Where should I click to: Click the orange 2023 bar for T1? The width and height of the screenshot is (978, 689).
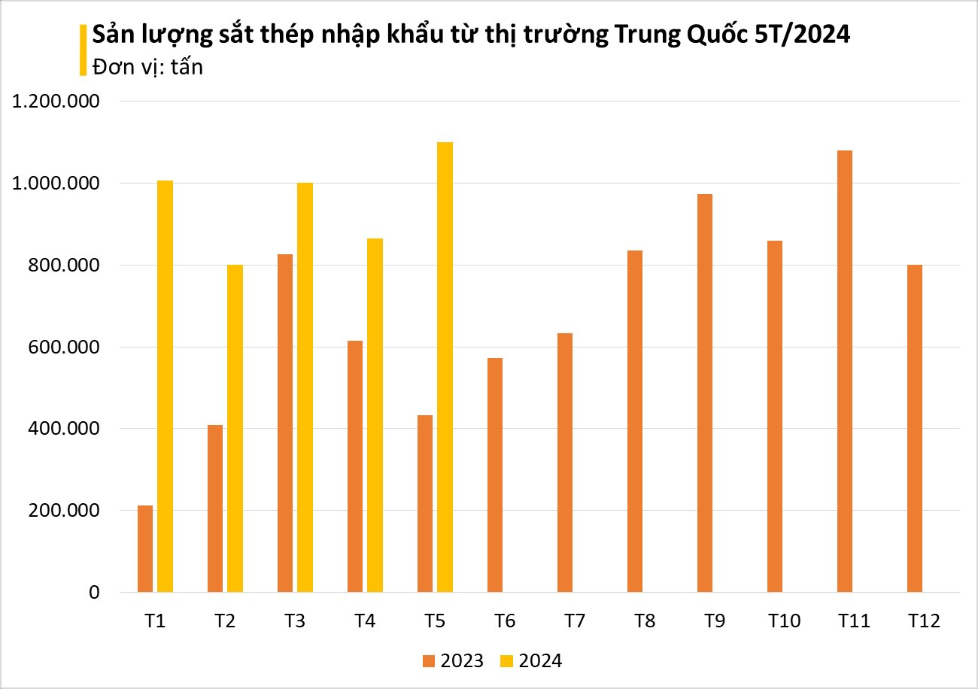pos(145,548)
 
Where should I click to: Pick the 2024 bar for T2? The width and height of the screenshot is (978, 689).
pos(235,428)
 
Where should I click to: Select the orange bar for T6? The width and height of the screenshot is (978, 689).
pos(494,475)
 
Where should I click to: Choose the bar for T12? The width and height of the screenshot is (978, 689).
pos(914,428)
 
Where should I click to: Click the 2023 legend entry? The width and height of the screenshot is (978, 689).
pos(453,661)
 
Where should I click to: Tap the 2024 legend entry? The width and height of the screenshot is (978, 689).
pos(531,661)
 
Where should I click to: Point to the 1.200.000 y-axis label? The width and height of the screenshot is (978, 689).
pos(57,102)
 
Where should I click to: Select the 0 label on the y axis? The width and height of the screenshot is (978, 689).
pos(93,593)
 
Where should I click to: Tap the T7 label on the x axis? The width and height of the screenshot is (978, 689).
pos(575,621)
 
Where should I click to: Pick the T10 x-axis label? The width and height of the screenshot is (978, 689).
pos(784,621)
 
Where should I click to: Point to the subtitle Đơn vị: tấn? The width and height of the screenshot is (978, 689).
pos(147,66)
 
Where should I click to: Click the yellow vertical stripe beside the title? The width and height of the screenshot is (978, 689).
pos(82,50)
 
